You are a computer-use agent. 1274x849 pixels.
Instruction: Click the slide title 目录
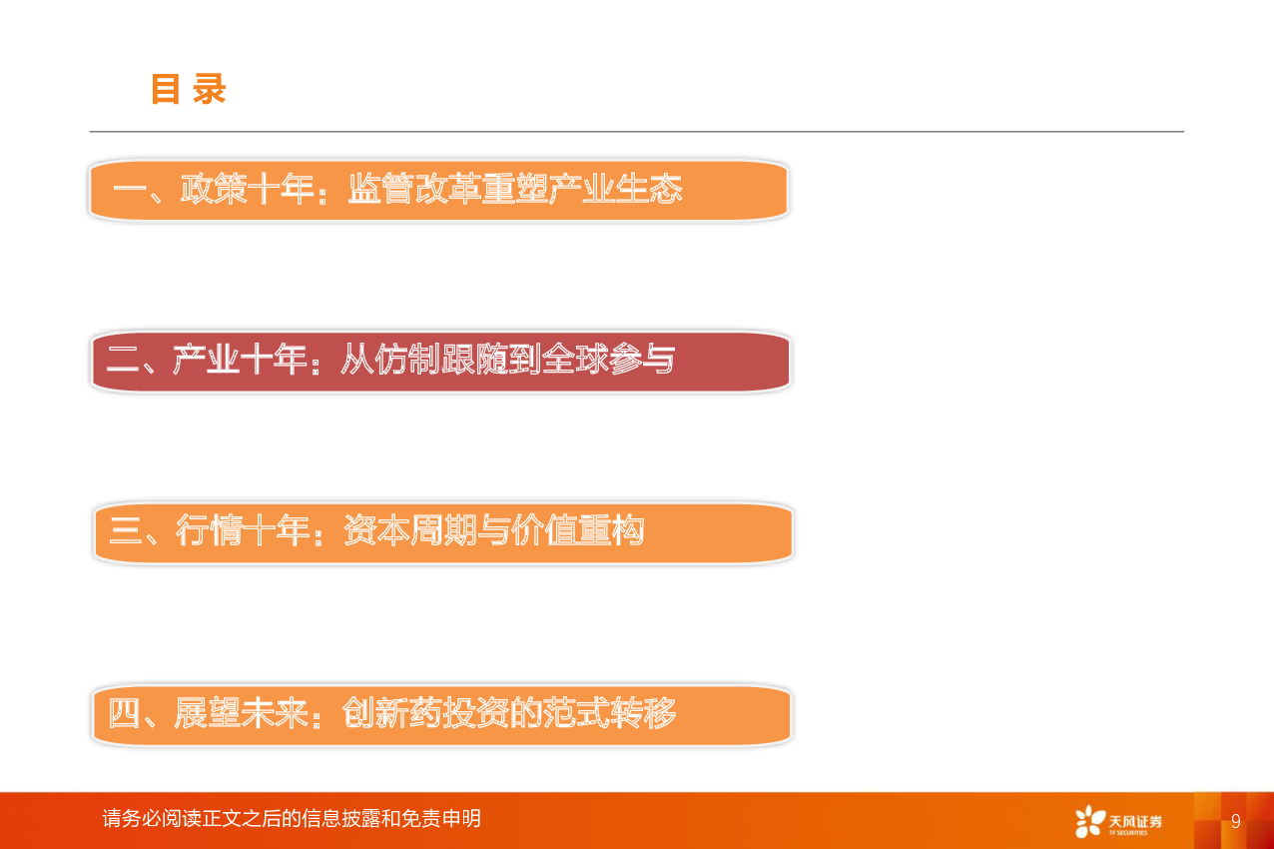(189, 89)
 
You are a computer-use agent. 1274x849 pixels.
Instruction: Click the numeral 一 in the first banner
(130, 190)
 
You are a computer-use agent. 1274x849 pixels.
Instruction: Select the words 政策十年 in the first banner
(247, 189)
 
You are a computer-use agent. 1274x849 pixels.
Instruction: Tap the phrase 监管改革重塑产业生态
(515, 189)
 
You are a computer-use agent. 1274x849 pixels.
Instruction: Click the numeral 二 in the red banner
(123, 360)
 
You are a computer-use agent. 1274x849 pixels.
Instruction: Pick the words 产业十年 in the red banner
(240, 360)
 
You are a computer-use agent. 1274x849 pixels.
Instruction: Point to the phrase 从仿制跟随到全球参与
(508, 360)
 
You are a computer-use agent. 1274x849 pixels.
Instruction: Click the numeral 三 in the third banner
(126, 530)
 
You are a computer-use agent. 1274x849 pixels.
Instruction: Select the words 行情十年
(243, 530)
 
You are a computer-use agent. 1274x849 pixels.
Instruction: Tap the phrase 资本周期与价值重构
(494, 530)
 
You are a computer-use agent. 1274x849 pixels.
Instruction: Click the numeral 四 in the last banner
(124, 713)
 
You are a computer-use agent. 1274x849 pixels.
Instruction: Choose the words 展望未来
(241, 713)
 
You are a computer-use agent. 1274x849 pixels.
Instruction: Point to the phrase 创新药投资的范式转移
(509, 713)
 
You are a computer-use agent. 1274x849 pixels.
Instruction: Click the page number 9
(1236, 821)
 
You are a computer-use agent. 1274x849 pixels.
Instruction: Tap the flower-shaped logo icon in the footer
(1089, 821)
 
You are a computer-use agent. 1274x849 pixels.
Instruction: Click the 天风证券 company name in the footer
(1135, 821)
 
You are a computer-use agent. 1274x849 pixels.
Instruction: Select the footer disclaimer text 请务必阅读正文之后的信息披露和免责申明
(292, 819)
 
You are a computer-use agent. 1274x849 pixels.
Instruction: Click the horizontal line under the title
(637, 132)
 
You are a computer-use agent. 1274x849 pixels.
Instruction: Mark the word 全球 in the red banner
(575, 360)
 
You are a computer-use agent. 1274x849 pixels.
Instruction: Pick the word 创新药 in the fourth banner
(391, 713)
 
